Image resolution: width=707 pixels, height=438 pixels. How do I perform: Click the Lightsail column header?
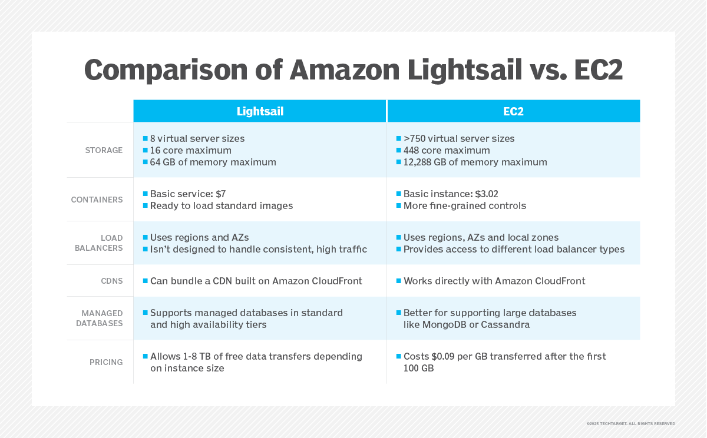click(259, 111)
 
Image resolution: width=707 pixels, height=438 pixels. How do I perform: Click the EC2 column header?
click(513, 111)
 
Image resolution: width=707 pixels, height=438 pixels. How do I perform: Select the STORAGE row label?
click(104, 150)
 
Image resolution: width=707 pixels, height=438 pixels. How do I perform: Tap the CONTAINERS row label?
click(97, 200)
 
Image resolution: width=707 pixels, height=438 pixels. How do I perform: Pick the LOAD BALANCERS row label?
click(98, 243)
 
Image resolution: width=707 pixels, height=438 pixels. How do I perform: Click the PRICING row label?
click(106, 362)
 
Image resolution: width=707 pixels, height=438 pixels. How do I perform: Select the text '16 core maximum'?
click(190, 150)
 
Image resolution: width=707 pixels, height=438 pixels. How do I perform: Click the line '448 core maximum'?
click(447, 150)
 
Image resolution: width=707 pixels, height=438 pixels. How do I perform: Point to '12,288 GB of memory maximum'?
click(475, 162)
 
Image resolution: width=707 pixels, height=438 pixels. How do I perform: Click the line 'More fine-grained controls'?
click(464, 205)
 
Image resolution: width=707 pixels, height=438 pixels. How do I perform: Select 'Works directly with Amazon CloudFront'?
click(494, 281)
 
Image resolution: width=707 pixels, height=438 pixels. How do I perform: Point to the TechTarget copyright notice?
click(630, 423)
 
